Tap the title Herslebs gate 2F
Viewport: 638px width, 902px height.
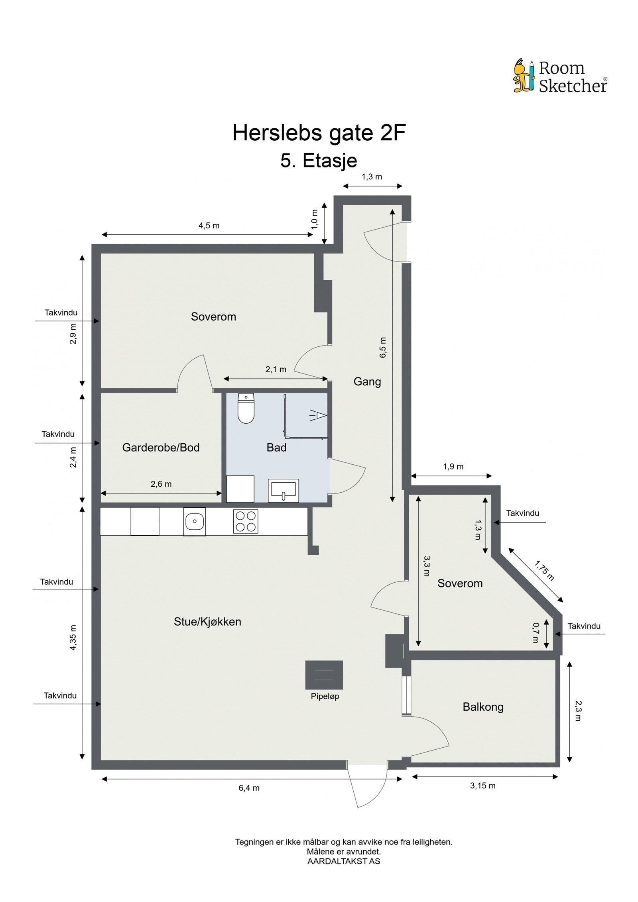(x=319, y=133)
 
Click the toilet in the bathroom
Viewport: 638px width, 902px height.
(x=246, y=408)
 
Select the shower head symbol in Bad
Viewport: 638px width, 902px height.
(x=318, y=416)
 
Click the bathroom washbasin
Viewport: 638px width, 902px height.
(x=283, y=489)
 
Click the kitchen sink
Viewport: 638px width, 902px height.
(x=194, y=521)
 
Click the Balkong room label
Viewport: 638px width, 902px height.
(x=482, y=707)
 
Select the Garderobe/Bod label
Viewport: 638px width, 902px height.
(x=161, y=447)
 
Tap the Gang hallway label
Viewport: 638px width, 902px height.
(x=367, y=381)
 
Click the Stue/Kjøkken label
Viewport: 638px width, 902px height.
(x=207, y=621)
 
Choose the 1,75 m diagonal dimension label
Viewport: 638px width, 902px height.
(x=544, y=571)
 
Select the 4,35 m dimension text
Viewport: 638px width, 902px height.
(x=73, y=637)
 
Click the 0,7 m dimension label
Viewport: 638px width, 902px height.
(x=535, y=633)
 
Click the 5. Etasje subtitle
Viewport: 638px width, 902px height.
(x=319, y=161)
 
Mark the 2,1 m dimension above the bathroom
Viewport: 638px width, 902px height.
(x=276, y=369)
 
